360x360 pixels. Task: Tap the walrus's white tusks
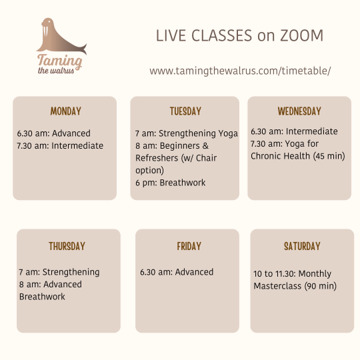click(x=46, y=31)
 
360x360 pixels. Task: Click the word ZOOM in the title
click(x=301, y=35)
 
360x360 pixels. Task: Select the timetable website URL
click(x=240, y=71)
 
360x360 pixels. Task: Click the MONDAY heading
click(x=65, y=111)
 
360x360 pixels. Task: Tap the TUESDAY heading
click(x=185, y=111)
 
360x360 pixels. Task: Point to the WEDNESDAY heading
click(x=299, y=111)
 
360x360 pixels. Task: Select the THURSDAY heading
click(x=67, y=246)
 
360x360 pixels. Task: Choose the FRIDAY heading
click(x=189, y=246)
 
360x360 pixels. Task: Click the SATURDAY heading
click(x=302, y=246)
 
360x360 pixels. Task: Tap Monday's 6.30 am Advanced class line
click(x=54, y=133)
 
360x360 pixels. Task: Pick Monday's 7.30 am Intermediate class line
click(x=60, y=146)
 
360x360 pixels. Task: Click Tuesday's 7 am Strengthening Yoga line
click(x=187, y=133)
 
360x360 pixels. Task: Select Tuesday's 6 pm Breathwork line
click(x=171, y=183)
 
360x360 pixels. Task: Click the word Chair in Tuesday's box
click(x=206, y=158)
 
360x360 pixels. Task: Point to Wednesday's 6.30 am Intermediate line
click(x=294, y=131)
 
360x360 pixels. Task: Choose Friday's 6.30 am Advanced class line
click(x=177, y=272)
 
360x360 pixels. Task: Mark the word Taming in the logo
click(x=60, y=61)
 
